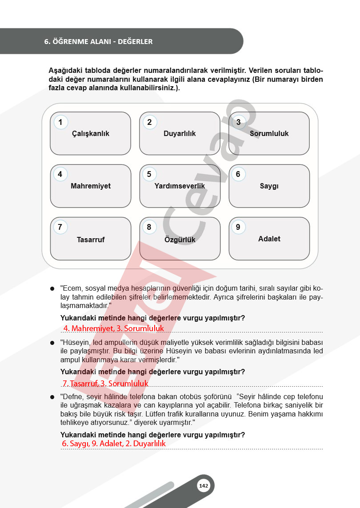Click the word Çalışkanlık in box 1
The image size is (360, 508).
point(91,133)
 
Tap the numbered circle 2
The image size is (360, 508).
point(149,122)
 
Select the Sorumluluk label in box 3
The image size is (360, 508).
point(269,133)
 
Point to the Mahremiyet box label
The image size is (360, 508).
point(91,186)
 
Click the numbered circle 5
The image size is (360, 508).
point(149,174)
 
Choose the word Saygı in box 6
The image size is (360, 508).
point(269,186)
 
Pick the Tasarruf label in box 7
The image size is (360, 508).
point(91,240)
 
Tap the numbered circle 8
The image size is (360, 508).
point(149,227)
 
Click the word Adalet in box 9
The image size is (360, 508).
point(269,239)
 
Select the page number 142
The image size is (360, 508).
point(204,486)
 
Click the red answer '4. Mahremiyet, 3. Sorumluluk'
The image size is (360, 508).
point(113,328)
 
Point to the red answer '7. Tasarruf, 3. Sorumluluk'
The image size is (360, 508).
point(105,383)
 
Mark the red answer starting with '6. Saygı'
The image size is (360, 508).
point(114,444)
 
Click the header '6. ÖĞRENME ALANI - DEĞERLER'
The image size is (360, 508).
point(98,41)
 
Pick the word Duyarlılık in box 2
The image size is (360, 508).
point(180,133)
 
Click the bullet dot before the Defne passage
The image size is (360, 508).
point(52,396)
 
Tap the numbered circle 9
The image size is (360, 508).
point(238,227)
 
